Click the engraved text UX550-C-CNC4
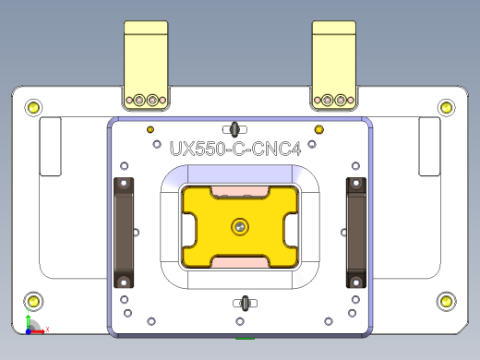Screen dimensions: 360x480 [235, 148]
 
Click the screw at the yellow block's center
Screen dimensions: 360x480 [240, 224]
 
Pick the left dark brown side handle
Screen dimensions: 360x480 [124, 233]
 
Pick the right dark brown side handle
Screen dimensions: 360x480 [355, 233]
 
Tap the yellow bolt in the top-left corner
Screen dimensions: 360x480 [34, 108]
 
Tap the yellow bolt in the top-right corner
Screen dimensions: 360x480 [447, 108]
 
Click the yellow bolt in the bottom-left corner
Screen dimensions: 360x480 [34, 301]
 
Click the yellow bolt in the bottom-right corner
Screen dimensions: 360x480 [446, 301]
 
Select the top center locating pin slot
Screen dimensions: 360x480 [235, 127]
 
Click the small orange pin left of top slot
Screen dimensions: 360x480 [150, 128]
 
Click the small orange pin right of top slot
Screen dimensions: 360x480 [319, 128]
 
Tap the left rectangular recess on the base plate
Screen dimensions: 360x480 [50, 146]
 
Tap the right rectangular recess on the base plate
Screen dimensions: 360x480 [429, 146]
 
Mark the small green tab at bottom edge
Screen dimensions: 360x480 [245, 338]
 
